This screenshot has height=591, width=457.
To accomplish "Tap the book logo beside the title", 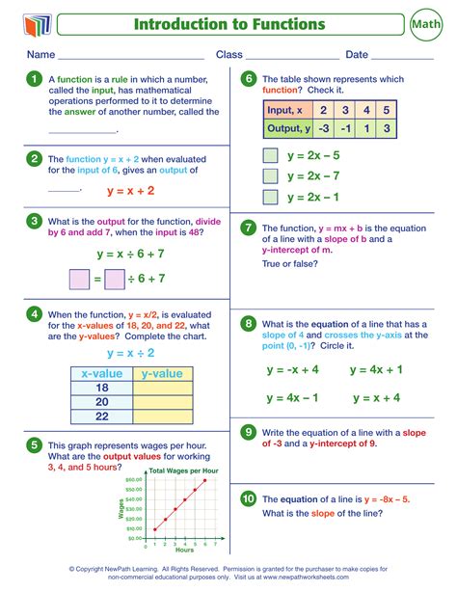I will click(33, 22).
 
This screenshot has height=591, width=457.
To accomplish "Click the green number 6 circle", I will click(248, 79).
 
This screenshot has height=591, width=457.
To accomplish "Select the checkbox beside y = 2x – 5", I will click(271, 155).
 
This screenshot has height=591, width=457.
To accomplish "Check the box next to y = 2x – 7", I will click(271, 175).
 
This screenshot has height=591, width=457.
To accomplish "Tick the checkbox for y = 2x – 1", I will click(271, 197).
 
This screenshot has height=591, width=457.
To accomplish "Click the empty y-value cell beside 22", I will click(162, 417).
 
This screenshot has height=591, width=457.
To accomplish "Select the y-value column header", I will click(162, 373).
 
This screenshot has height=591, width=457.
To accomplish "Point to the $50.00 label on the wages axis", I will click(134, 478).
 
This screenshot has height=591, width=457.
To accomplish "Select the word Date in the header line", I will click(357, 55).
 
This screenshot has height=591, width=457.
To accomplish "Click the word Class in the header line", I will click(228, 55).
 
